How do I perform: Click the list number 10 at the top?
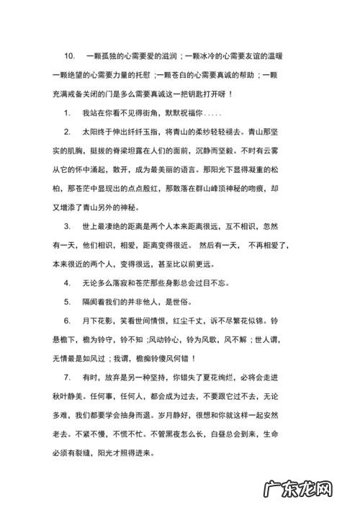[x=70, y=55]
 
